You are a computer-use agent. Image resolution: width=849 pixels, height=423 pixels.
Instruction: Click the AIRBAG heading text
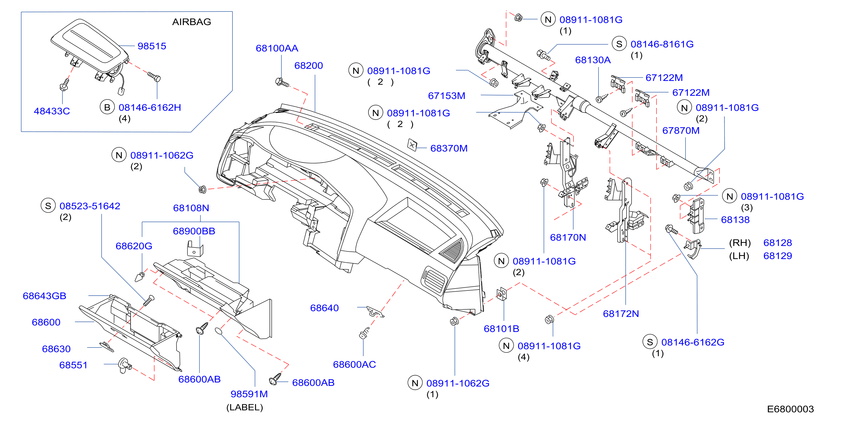[x=191, y=22]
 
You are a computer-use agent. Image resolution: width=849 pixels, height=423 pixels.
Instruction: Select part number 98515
[x=152, y=46]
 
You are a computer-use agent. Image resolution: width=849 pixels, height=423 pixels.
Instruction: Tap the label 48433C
[x=52, y=111]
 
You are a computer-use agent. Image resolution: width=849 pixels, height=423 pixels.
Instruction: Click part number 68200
[x=309, y=66]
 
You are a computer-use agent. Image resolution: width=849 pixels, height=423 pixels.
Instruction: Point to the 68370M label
[x=449, y=148]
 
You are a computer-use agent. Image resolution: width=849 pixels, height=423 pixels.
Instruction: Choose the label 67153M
[x=447, y=96]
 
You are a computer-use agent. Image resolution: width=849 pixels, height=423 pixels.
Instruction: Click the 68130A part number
[x=593, y=60]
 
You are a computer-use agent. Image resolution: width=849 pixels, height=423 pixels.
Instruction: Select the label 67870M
[x=681, y=131]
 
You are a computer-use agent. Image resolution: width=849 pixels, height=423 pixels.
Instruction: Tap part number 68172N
[x=621, y=314]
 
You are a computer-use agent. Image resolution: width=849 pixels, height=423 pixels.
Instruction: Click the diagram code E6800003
[x=790, y=409]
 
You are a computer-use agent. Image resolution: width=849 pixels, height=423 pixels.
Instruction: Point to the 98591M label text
[x=249, y=394]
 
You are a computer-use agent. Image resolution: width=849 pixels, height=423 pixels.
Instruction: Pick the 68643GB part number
[x=44, y=296]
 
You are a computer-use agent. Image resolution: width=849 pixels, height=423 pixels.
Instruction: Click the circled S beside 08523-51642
[x=48, y=206]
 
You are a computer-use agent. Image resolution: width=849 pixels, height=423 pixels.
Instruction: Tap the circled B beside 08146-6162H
[x=107, y=107]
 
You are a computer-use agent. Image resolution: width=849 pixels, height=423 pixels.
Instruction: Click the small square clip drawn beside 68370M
[x=412, y=145]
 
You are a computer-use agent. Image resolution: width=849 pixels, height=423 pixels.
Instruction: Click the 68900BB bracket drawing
[x=195, y=249]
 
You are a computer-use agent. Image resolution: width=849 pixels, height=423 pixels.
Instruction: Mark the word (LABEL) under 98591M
[x=245, y=408]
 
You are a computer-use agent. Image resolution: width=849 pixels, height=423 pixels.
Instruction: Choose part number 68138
[x=735, y=220]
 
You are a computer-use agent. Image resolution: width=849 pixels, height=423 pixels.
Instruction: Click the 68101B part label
[x=501, y=328]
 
